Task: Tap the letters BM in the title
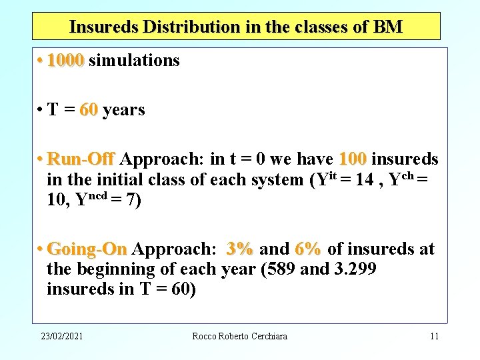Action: pyautogui.click(x=388, y=27)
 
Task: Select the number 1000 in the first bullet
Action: pyautogui.click(x=65, y=61)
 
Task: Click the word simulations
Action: pyautogui.click(x=134, y=61)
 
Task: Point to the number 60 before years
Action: pyautogui.click(x=88, y=110)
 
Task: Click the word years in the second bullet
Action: pyautogui.click(x=123, y=110)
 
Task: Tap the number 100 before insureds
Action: pyautogui.click(x=353, y=159)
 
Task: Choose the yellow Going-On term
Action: pyautogui.click(x=87, y=249)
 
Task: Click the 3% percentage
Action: pyautogui.click(x=239, y=249)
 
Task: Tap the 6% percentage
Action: pyautogui.click(x=307, y=249)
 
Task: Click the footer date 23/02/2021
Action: pyautogui.click(x=61, y=336)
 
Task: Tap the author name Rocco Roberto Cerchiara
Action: pyautogui.click(x=239, y=336)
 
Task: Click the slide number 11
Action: pyautogui.click(x=434, y=336)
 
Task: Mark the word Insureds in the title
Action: pyautogui.click(x=103, y=27)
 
